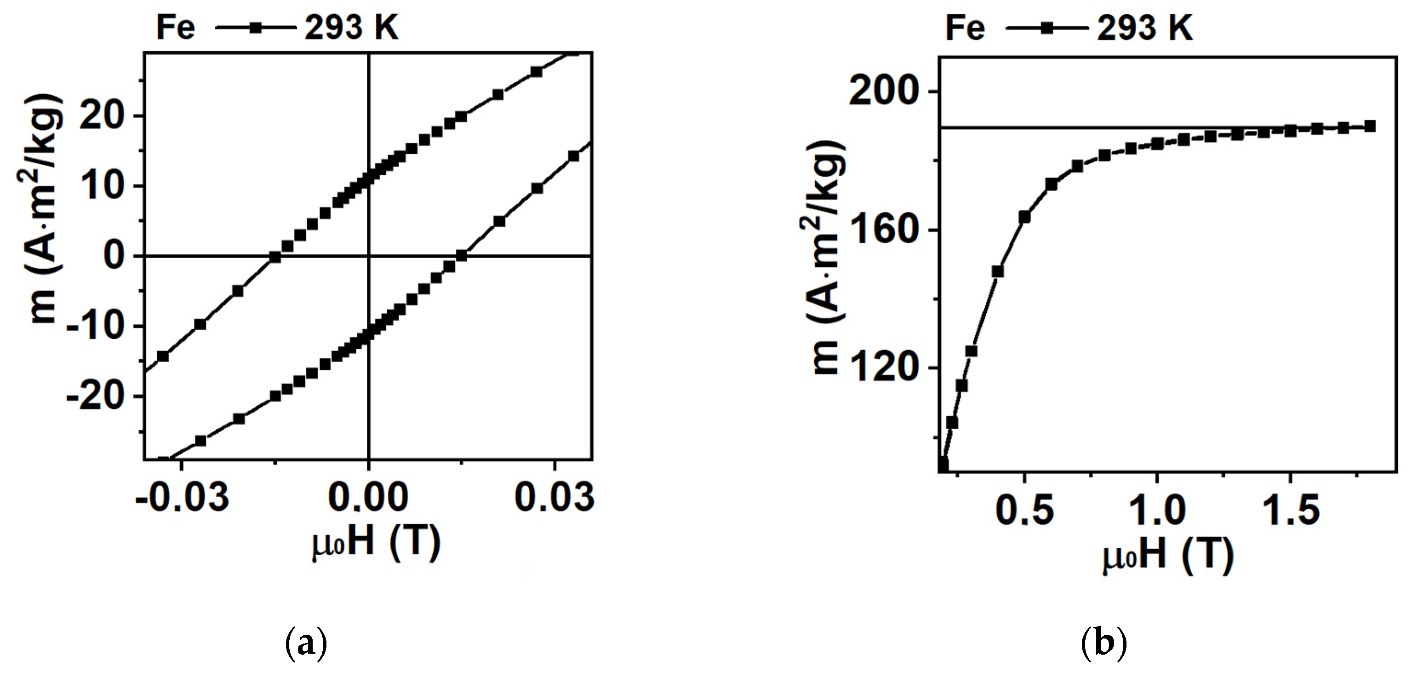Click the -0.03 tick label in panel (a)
[x=182, y=497]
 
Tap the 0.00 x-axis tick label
[x=368, y=497]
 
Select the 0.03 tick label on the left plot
[x=555, y=497]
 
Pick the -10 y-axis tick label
[x=101, y=327]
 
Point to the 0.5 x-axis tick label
[x=1024, y=510]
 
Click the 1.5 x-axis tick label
[x=1290, y=510]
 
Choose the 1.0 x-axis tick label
[x=1157, y=510]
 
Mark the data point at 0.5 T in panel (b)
[x=1024, y=217]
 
